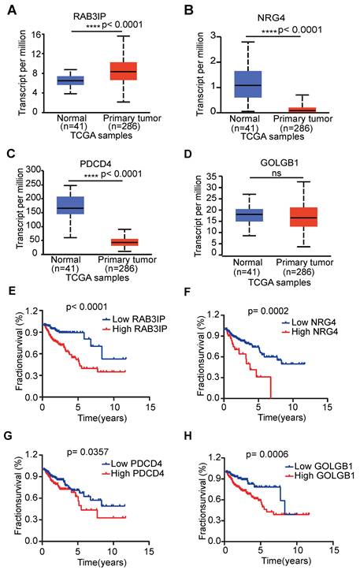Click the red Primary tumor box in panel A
122,71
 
